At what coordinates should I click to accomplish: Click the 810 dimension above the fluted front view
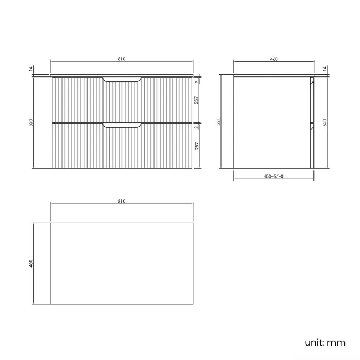pyautogui.click(x=121, y=58)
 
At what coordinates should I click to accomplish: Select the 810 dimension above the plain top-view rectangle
pyautogui.click(x=121, y=200)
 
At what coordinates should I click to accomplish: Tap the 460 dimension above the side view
pyautogui.click(x=273, y=58)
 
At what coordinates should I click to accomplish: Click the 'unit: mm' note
pyautogui.click(x=325, y=342)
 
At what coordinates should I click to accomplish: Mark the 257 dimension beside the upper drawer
pyautogui.click(x=197, y=100)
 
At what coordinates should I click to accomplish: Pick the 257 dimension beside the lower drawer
pyautogui.click(x=197, y=146)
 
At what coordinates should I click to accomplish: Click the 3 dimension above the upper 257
pyautogui.click(x=197, y=81)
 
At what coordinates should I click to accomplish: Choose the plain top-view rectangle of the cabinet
pyautogui.click(x=122, y=263)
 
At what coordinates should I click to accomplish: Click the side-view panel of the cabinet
pyautogui.click(x=271, y=122)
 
